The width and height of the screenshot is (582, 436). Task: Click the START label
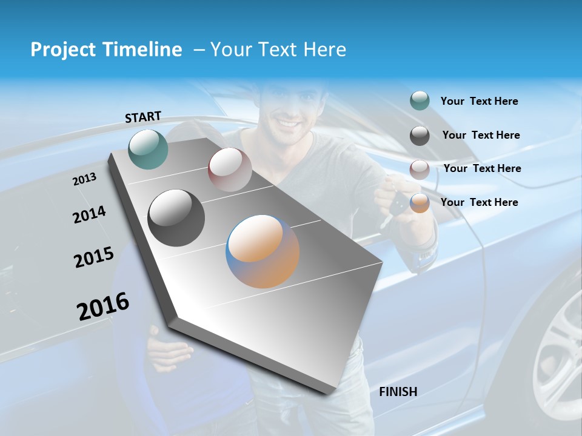[143, 117]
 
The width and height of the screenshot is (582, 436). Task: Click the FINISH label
[398, 392]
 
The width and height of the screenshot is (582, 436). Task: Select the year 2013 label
[85, 179]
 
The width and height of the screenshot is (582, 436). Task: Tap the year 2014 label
[89, 215]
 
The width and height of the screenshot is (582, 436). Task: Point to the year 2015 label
[94, 257]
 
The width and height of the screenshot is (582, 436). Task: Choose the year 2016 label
[103, 306]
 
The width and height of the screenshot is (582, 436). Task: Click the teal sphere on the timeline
[148, 149]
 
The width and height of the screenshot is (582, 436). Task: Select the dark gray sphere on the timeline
[176, 218]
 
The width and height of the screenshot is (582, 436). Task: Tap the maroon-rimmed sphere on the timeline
[230, 170]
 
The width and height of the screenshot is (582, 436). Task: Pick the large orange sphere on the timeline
[263, 251]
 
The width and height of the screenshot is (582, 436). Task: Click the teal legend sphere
[420, 101]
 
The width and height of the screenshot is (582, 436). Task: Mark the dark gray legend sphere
[420, 136]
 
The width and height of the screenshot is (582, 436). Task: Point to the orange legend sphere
[420, 203]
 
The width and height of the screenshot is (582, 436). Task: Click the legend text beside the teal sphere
[479, 102]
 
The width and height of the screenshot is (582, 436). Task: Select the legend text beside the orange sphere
[479, 202]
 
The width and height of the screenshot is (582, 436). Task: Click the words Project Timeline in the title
[106, 50]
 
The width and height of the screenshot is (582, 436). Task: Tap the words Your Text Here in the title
[278, 50]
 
